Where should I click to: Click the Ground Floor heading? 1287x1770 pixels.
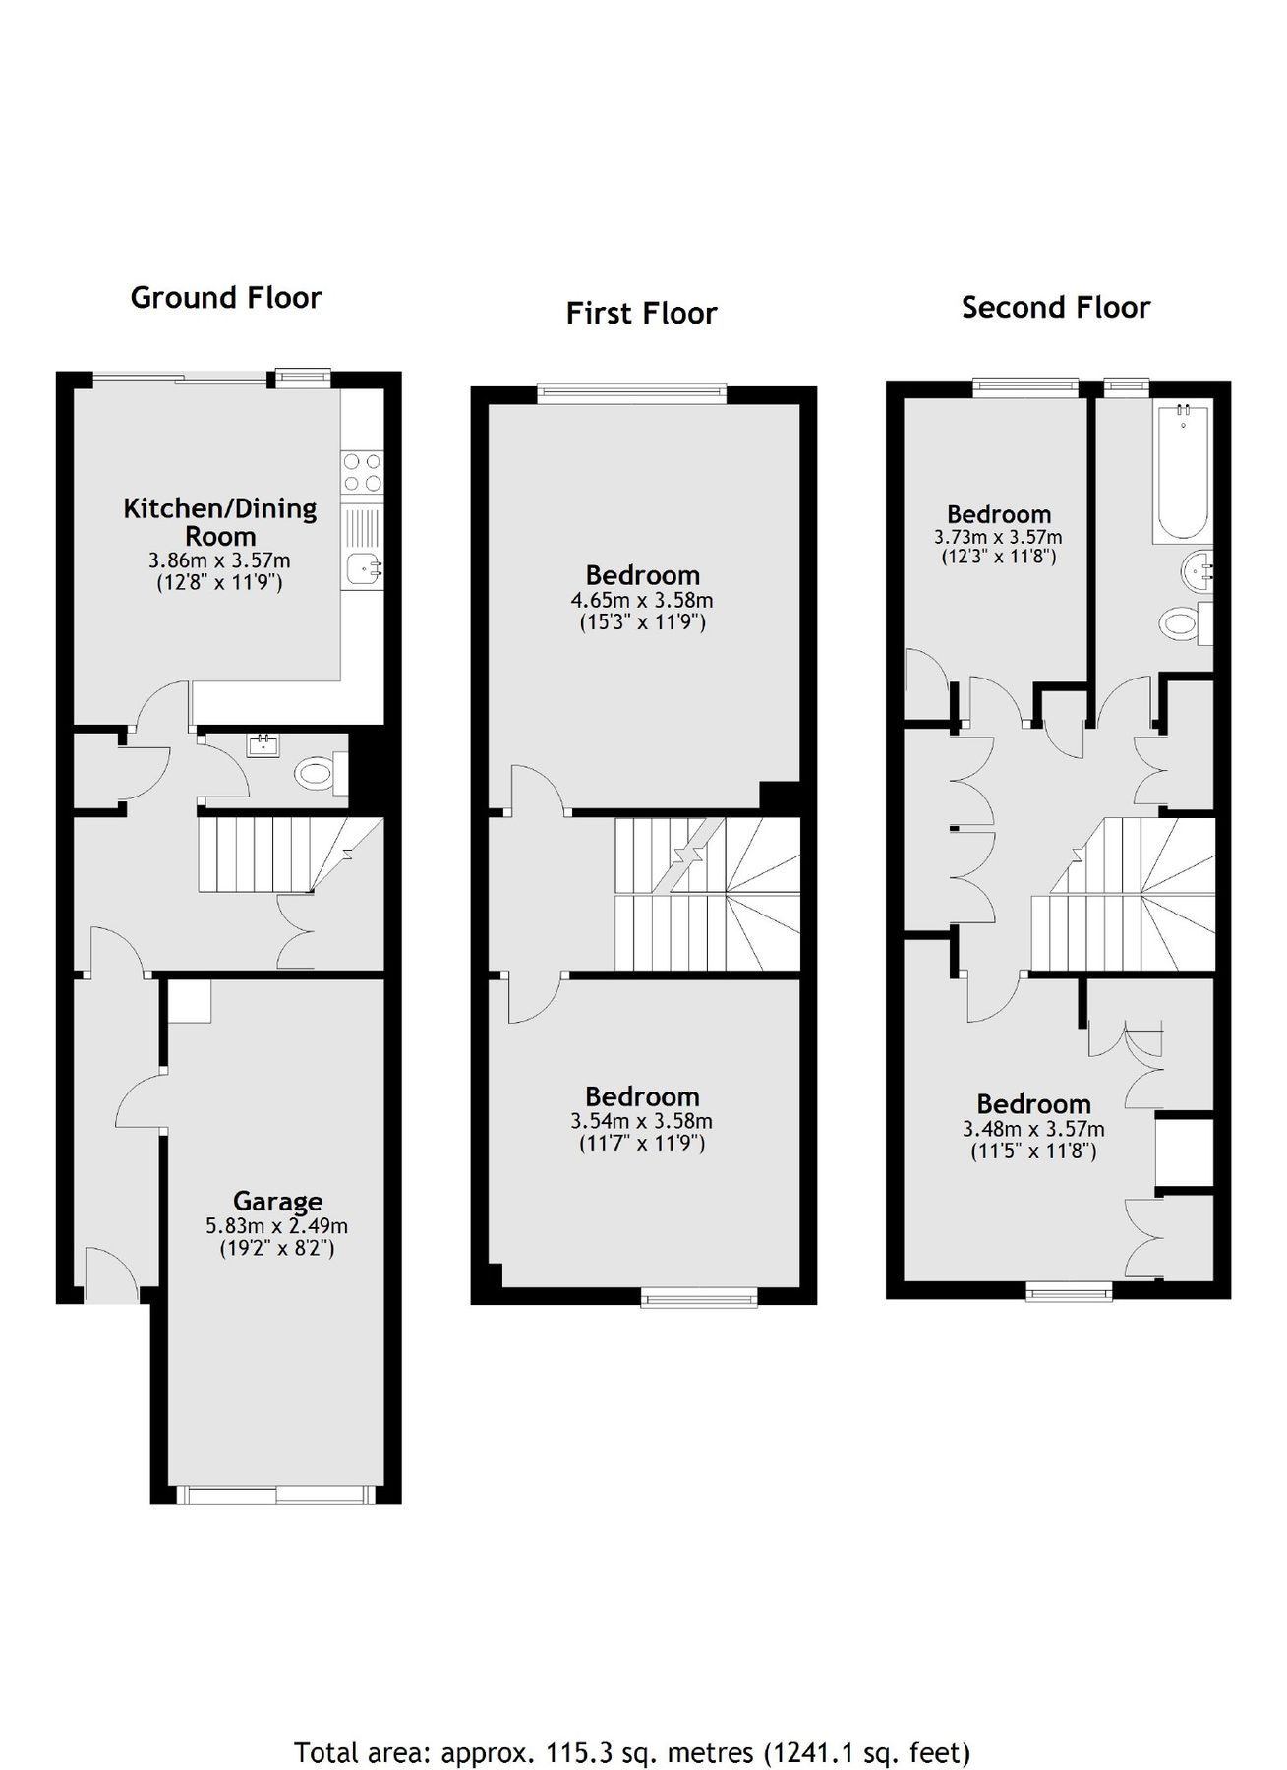point(225,297)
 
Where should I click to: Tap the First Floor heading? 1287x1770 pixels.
point(641,313)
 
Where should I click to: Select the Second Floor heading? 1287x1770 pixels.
point(1055,307)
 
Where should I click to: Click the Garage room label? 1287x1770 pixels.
point(277,1201)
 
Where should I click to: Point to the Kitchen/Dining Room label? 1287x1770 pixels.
point(219,522)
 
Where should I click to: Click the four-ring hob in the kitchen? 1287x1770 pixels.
point(362,471)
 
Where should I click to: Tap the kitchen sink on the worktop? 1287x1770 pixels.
point(364,567)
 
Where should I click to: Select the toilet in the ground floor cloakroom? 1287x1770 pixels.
point(320,772)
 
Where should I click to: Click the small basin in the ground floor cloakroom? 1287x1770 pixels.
point(264,745)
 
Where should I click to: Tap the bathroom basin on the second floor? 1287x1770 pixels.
point(1195,570)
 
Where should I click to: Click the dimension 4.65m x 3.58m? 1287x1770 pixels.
point(641,600)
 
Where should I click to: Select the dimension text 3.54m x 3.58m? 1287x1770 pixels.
point(641,1121)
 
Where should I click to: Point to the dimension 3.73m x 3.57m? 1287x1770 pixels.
point(997,537)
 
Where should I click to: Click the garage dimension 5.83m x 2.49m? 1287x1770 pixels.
point(277,1226)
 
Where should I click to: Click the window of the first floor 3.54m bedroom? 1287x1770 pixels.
point(699,1298)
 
